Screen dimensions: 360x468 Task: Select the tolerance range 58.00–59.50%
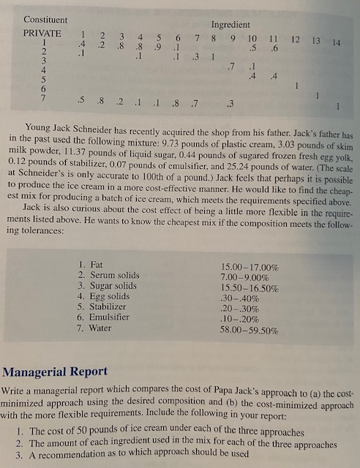click(x=248, y=331)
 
